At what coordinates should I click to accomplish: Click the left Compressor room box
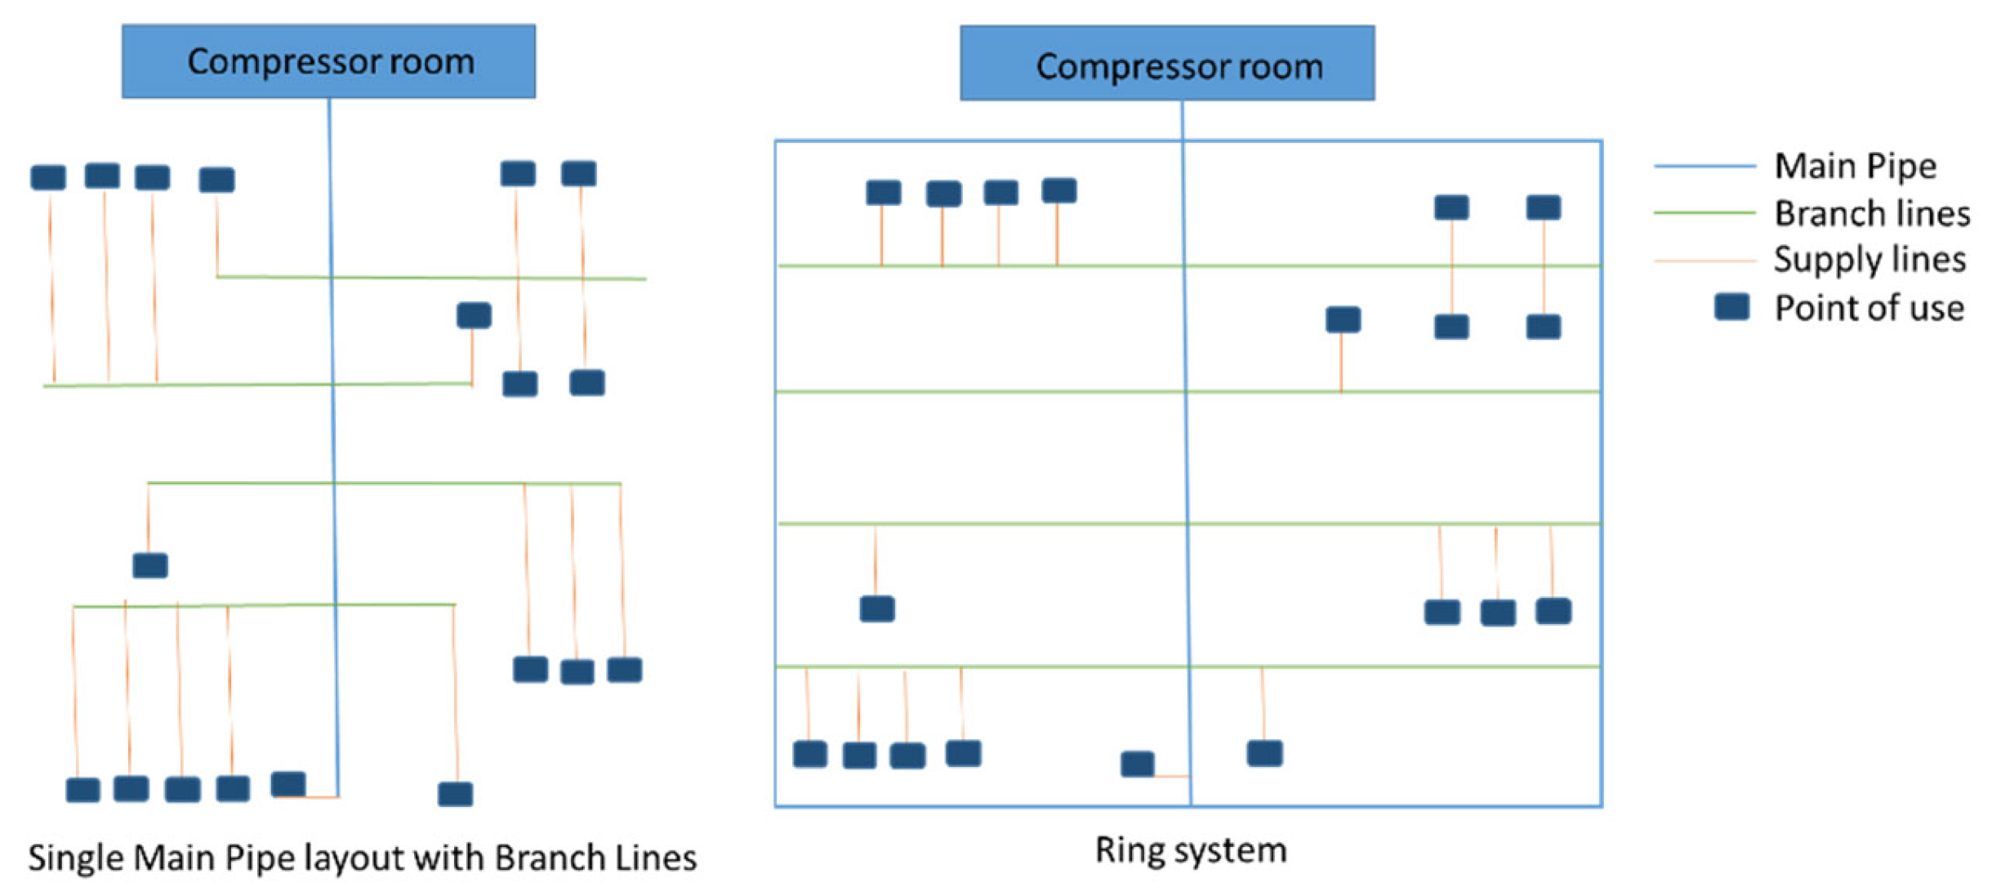pos(328,61)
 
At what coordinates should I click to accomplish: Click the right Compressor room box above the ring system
pos(1166,64)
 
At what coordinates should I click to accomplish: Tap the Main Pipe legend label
pos(1854,166)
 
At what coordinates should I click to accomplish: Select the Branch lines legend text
pos(1871,213)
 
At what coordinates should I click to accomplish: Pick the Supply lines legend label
pos(1869,260)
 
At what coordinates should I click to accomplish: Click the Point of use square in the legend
pos(1731,307)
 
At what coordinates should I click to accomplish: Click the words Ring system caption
pos(1190,849)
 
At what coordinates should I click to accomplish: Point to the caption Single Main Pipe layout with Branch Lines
pos(362,858)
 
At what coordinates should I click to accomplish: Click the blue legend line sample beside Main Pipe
pos(1704,166)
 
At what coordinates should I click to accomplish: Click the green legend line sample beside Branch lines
pos(1704,212)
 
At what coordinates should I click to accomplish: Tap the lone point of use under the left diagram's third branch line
pos(150,565)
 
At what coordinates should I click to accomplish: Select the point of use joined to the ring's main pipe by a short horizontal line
pos(1137,764)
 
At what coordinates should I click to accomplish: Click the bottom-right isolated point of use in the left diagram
pos(455,793)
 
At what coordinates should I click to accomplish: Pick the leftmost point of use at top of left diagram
pos(48,177)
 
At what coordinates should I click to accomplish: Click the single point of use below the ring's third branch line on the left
pos(877,608)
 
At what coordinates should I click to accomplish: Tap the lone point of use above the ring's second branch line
pos(1343,319)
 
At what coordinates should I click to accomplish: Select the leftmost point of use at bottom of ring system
pos(809,754)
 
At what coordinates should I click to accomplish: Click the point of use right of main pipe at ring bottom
pos(1264,753)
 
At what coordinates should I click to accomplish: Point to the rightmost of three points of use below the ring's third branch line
pos(1553,611)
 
